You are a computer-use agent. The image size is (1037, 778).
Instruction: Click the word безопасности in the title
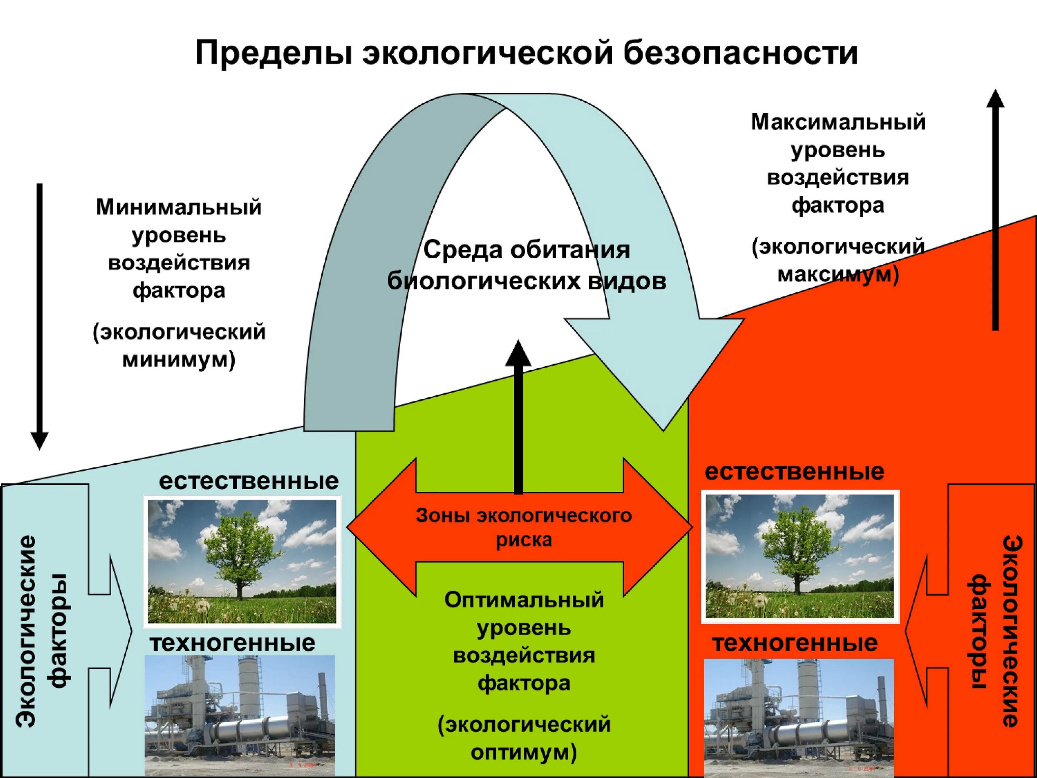740,53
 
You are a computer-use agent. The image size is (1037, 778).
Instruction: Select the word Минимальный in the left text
179,207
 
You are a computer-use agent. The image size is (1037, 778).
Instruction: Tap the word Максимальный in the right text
838,122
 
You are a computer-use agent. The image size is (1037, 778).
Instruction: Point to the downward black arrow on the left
39,314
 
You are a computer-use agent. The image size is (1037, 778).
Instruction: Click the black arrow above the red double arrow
518,417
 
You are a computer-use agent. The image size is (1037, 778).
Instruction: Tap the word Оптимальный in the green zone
524,600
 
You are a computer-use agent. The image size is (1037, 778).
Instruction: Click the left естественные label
249,481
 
